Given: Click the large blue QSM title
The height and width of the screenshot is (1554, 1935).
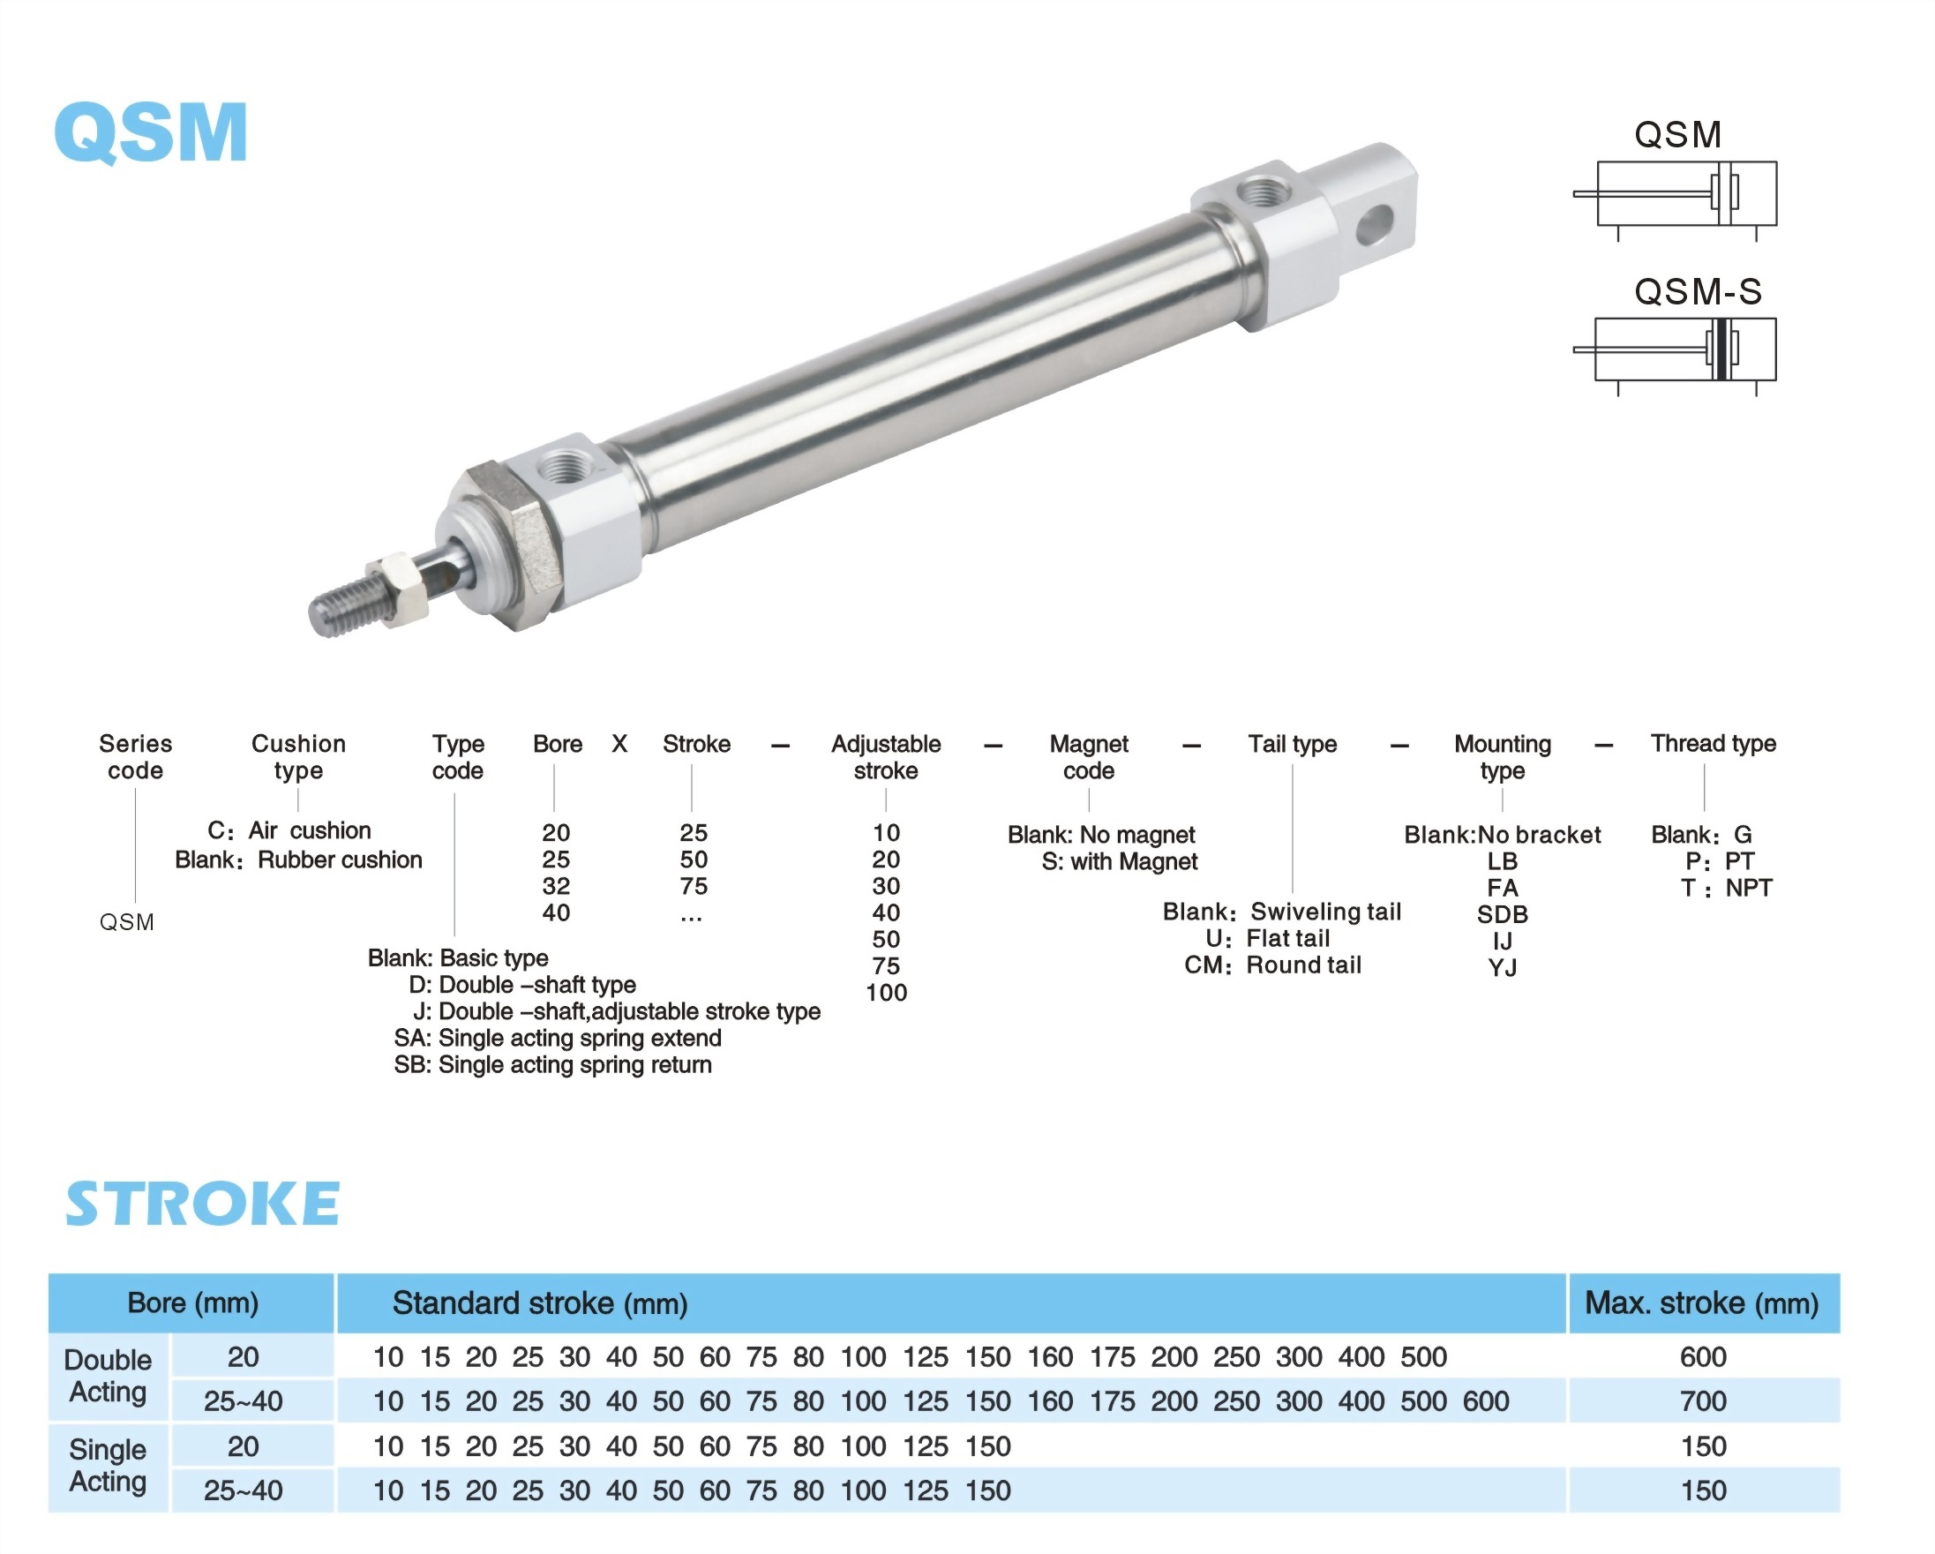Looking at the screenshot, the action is [151, 132].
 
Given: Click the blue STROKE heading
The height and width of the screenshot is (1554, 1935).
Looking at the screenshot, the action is [203, 1204].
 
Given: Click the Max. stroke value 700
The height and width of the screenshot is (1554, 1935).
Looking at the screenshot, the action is [1704, 1401].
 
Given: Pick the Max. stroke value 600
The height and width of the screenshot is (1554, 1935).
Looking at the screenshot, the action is [1704, 1357].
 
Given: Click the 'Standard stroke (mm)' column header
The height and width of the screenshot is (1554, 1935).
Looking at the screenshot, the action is [540, 1303].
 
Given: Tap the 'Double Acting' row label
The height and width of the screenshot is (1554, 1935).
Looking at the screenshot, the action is [108, 1377].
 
